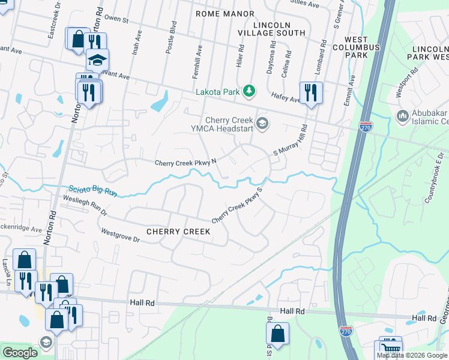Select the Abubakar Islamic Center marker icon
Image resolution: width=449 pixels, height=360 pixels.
[x=403, y=115]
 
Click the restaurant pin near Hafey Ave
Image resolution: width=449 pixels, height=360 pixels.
[x=310, y=93]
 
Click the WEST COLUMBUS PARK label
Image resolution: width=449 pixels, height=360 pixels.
[x=356, y=51]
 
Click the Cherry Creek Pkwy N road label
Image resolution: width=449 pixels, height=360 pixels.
[x=185, y=162]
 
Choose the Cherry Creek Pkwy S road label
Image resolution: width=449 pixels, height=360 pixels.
[x=238, y=205]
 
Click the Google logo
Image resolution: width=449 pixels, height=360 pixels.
[x=20, y=353]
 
